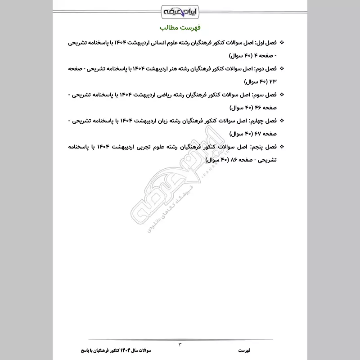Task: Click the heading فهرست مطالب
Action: click(180, 27)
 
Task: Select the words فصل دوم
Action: click(265, 69)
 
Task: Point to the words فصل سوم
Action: click(265, 95)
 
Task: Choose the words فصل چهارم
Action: click(263, 121)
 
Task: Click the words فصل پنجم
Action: click(264, 147)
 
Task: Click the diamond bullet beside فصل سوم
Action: click(282, 95)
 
